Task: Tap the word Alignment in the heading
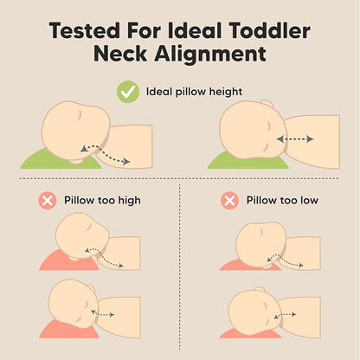click(210, 54)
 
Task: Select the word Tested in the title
click(85, 30)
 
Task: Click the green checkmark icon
click(128, 92)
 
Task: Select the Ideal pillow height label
click(194, 92)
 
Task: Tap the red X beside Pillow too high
click(48, 200)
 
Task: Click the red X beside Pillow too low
click(229, 200)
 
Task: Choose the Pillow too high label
click(102, 200)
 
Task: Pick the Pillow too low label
click(282, 200)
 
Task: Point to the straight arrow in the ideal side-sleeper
click(295, 139)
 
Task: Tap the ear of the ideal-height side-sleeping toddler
click(266, 104)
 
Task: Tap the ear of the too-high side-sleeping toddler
click(92, 287)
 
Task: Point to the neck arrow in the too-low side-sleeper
click(285, 315)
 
